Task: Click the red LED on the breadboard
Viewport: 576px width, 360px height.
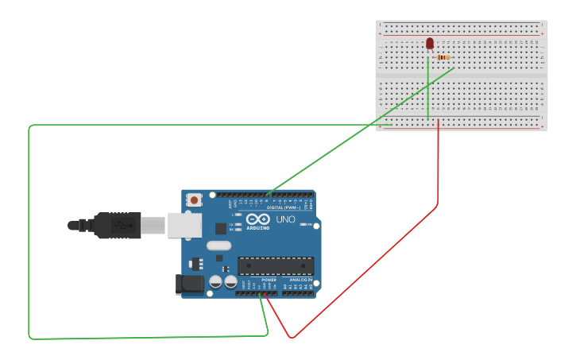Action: [430, 43]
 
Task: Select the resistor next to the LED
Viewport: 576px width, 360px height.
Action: [443, 57]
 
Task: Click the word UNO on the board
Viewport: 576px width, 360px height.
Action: [285, 219]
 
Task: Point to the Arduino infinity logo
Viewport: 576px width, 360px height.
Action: [257, 219]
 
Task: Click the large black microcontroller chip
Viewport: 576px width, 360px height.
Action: [276, 265]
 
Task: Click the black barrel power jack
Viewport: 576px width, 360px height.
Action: [190, 283]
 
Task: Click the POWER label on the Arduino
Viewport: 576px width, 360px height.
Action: [269, 280]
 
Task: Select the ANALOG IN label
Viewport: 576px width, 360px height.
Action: [300, 280]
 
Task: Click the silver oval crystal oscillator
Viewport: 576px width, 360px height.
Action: [218, 246]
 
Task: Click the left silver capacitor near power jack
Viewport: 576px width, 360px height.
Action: [215, 281]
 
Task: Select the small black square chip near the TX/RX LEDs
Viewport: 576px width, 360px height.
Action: [220, 228]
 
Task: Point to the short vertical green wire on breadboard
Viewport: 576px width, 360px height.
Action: [429, 87]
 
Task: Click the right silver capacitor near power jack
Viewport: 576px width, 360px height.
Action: [230, 281]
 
